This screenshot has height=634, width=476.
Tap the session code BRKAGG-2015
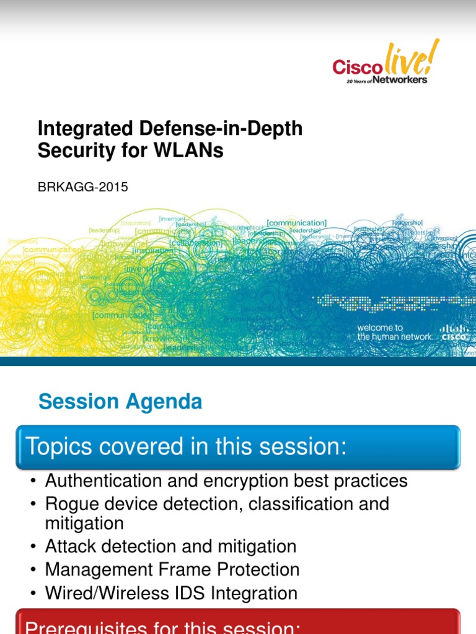pos(83,187)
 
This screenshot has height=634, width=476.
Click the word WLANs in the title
pos(193,150)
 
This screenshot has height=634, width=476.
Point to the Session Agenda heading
pos(120,402)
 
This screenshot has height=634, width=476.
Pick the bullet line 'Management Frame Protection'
pos(172,570)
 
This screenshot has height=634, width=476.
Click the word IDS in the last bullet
pos(192,593)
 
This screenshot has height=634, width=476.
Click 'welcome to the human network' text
pos(395,332)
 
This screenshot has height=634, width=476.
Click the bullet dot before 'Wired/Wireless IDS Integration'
pos(33,594)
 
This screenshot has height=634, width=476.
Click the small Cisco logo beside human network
pos(454,332)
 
